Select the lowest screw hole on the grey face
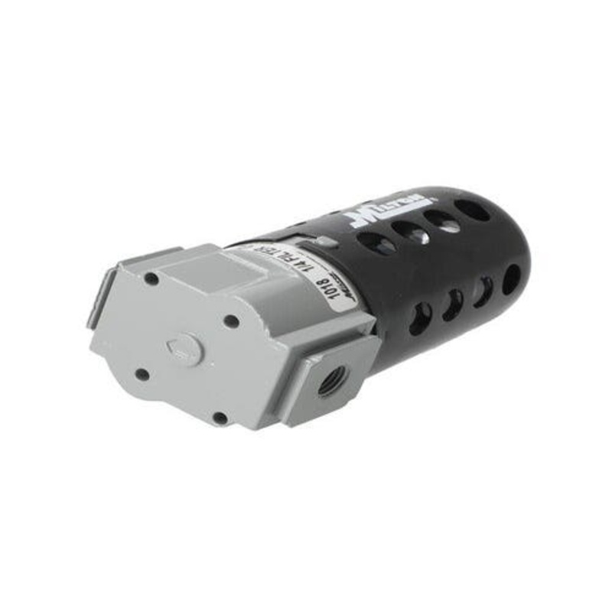(x=220, y=418)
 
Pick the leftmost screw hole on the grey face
(x=142, y=374)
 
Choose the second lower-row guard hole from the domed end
(x=484, y=291)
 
